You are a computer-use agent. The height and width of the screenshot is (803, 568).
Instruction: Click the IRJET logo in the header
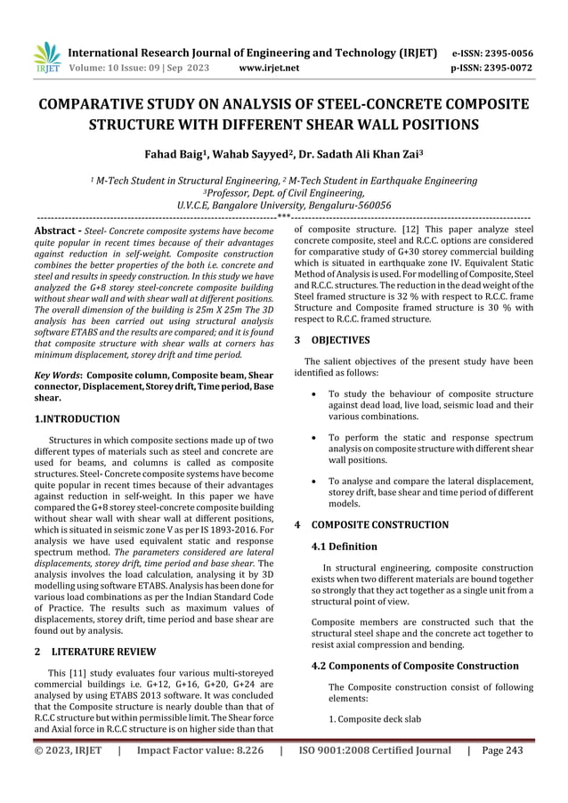[45, 58]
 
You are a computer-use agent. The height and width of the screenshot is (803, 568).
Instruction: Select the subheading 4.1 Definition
[345, 547]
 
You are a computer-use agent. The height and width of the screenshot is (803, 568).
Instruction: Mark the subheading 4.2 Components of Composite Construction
[415, 665]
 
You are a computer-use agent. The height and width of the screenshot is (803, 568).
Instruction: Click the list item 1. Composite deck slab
[375, 718]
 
